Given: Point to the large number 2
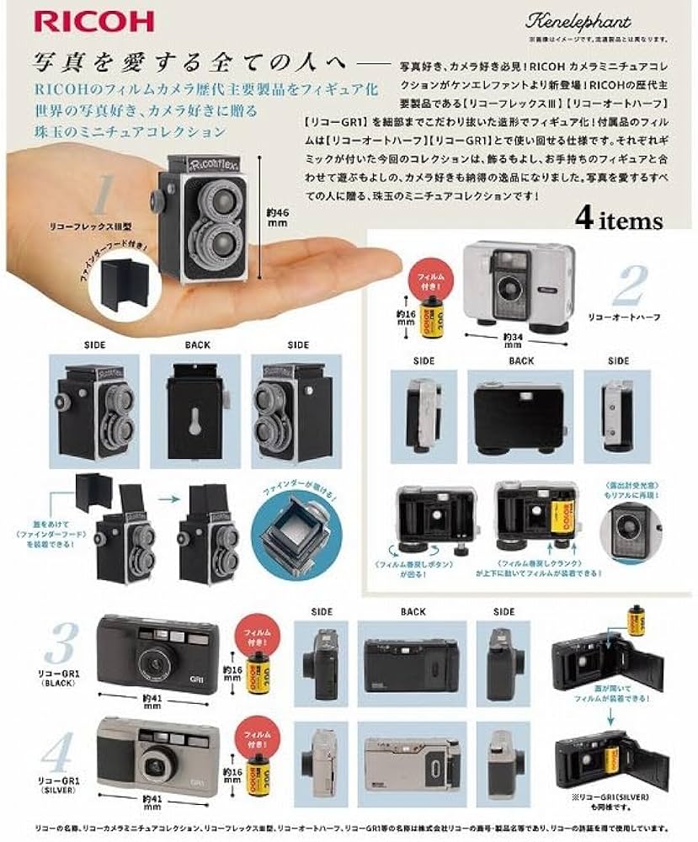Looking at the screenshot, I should [x=629, y=288].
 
